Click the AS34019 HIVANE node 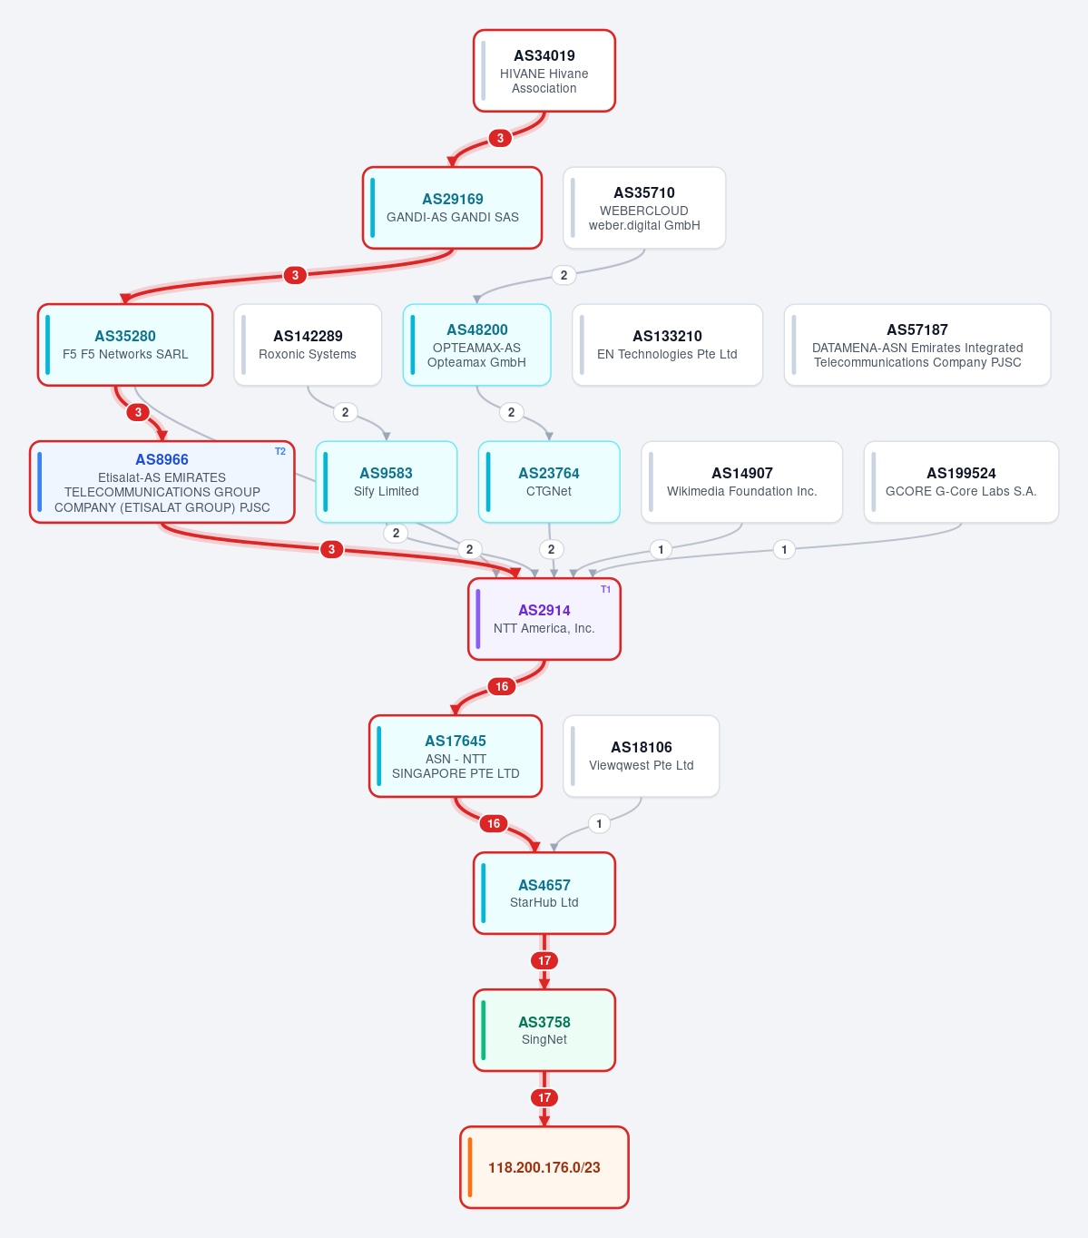(x=544, y=71)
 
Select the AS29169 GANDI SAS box (x=452, y=208)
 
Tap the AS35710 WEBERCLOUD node (x=644, y=208)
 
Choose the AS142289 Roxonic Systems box (x=308, y=345)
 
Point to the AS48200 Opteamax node (x=476, y=345)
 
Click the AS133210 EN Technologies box (x=667, y=345)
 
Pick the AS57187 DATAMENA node (x=916, y=345)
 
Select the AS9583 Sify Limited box (x=386, y=482)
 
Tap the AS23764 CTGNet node (x=549, y=482)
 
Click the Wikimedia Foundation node (x=741, y=482)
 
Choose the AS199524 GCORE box (x=961, y=482)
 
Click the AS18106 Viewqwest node (x=641, y=756)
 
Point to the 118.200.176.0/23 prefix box (x=544, y=1167)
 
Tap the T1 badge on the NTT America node (x=605, y=589)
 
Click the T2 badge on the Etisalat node (x=279, y=452)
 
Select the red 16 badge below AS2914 (x=502, y=686)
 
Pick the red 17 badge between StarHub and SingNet (x=544, y=960)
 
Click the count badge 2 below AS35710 (x=564, y=275)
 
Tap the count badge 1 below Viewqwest (x=599, y=824)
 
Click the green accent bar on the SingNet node (x=484, y=1030)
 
